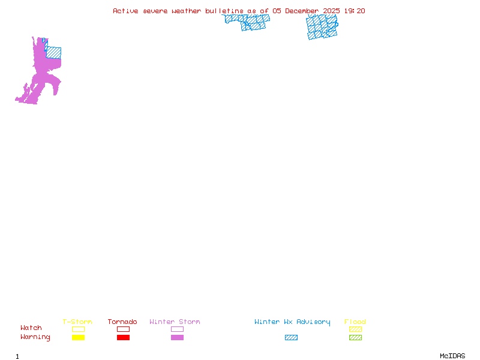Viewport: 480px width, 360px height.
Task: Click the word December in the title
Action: coord(302,11)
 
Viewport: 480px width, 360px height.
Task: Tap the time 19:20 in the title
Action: coord(355,11)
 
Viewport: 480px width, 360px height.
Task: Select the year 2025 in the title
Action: coord(331,11)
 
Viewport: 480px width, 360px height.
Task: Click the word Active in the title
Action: coord(125,11)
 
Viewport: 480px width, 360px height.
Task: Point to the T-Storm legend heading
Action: coord(77,322)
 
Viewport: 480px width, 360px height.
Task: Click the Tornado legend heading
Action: coord(122,322)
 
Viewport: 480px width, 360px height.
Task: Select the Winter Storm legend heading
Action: coord(175,322)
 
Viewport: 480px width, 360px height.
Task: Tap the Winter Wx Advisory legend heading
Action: coord(292,322)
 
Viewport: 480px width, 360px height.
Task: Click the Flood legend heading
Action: coord(355,322)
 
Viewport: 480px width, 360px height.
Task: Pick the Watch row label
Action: coord(31,328)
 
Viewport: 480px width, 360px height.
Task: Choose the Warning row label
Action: coord(35,337)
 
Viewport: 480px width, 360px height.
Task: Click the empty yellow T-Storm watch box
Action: coord(79,329)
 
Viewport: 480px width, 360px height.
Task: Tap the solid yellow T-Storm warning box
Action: coord(79,337)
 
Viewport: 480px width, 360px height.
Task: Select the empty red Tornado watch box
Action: coord(124,329)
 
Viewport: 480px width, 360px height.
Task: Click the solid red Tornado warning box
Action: coord(124,337)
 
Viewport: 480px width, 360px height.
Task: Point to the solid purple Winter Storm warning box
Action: coord(177,337)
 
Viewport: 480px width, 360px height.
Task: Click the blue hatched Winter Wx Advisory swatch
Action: coord(291,337)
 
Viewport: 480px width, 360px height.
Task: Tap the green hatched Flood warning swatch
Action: coord(355,337)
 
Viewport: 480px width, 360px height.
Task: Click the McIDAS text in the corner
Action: coord(452,356)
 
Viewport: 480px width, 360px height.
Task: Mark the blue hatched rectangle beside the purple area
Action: coord(53,53)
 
